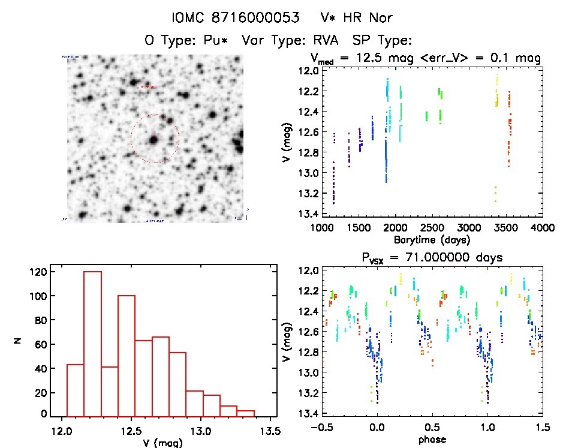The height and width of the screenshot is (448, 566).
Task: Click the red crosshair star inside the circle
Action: pyautogui.click(x=154, y=140)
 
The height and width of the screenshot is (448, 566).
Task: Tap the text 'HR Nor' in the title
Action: pyautogui.click(x=370, y=17)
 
